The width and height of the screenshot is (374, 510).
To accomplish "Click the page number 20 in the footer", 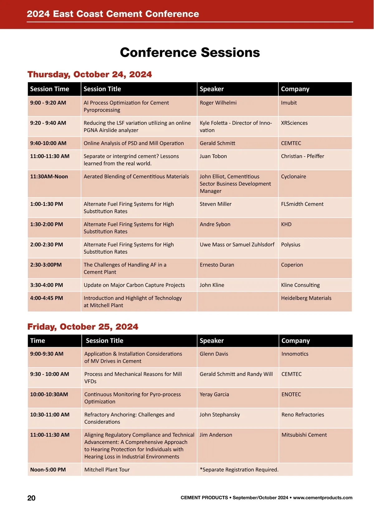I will click(x=31, y=498).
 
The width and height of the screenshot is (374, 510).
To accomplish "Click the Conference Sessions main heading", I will click(x=190, y=52).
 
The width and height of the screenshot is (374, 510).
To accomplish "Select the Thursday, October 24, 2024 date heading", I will click(x=90, y=74).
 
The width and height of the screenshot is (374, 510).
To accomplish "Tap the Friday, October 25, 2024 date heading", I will click(x=83, y=327).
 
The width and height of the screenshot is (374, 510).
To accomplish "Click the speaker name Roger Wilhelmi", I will click(x=218, y=103).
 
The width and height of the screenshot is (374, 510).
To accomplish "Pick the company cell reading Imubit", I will click(x=289, y=103).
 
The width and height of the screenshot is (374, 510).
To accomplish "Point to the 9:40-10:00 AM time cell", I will click(x=48, y=143).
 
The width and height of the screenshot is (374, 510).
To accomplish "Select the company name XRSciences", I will click(x=294, y=123).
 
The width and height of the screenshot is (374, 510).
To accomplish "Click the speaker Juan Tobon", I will click(x=213, y=156).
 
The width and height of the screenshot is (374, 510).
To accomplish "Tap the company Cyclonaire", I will click(x=294, y=177).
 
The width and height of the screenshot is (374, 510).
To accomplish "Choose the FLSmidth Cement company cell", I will click(x=302, y=204).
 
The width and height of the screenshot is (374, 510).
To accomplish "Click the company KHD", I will click(x=286, y=224).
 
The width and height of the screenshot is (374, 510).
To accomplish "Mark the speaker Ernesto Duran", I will click(x=217, y=265).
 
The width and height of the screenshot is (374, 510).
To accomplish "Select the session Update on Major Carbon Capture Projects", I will click(x=134, y=285).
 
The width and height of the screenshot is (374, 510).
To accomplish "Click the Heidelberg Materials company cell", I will click(x=306, y=298).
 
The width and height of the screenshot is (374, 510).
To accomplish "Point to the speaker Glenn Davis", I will click(x=214, y=354).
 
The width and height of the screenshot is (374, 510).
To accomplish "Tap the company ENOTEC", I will click(x=291, y=394).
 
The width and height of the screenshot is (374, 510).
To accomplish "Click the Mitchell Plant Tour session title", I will click(x=107, y=470).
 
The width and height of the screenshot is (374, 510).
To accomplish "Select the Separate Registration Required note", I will click(x=239, y=470).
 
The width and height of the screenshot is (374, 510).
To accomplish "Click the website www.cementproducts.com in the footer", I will click(x=323, y=498).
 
